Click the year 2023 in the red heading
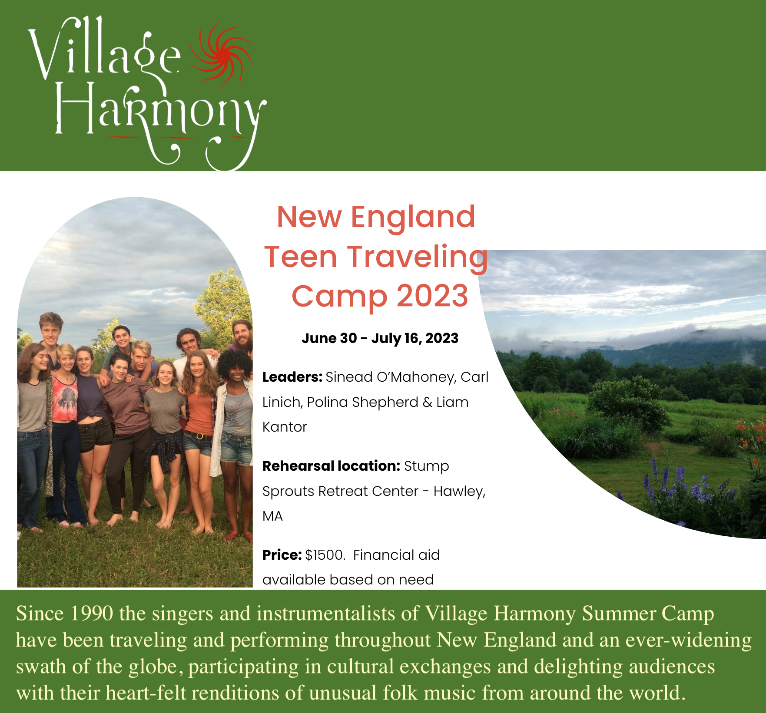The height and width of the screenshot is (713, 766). [432, 296]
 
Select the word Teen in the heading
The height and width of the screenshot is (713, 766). [301, 257]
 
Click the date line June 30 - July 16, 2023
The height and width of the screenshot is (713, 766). [380, 338]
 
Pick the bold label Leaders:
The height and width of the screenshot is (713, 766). [292, 377]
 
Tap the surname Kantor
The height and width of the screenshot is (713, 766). [285, 427]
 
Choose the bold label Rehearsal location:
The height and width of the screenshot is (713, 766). [331, 466]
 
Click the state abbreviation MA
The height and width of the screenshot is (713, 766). [272, 516]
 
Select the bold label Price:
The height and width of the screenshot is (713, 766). [282, 555]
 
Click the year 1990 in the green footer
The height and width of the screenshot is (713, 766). [91, 614]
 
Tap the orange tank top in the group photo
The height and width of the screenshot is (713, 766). [200, 413]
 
